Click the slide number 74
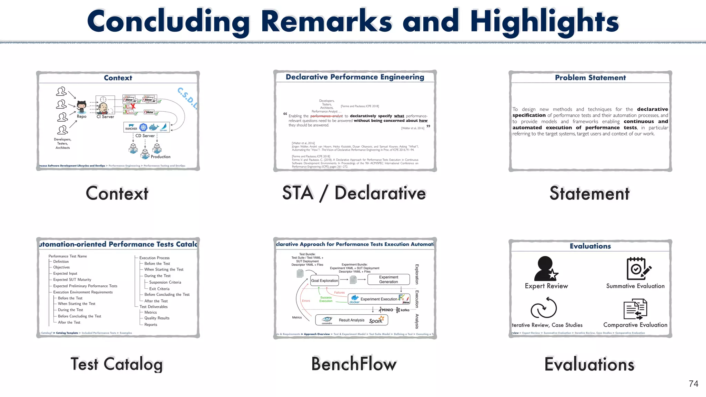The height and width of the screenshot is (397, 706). (693, 384)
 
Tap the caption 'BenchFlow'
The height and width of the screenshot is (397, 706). (354, 364)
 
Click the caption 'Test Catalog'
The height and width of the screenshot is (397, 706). (117, 364)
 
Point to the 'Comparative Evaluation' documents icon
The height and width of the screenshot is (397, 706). (635, 309)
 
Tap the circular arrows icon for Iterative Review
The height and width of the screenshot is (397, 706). (544, 308)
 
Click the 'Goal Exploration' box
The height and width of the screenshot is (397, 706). (324, 281)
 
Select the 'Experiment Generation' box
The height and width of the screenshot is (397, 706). (389, 279)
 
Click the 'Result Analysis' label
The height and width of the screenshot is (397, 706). (351, 320)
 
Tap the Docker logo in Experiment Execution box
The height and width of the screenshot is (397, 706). (354, 299)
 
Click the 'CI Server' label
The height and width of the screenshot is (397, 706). (105, 117)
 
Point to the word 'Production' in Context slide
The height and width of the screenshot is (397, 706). (161, 157)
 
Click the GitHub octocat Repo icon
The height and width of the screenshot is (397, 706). (82, 107)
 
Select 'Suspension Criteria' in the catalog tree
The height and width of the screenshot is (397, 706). (165, 282)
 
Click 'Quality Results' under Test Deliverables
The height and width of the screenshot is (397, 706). (157, 318)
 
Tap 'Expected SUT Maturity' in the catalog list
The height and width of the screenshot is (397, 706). (72, 280)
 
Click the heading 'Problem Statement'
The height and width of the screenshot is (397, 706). (590, 78)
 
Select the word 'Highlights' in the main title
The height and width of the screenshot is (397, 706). (545, 21)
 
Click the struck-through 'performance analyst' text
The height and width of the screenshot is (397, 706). (326, 116)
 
